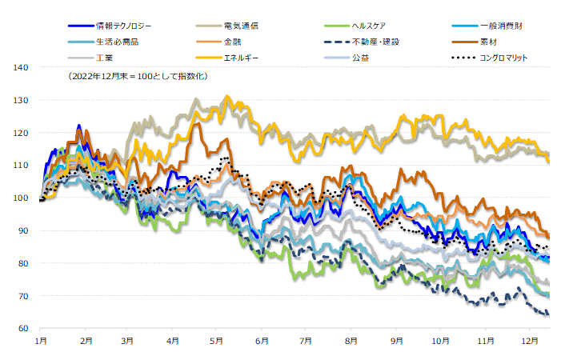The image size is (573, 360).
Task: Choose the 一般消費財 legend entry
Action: pos(501,26)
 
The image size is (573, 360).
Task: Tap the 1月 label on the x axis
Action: pos(42,341)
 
